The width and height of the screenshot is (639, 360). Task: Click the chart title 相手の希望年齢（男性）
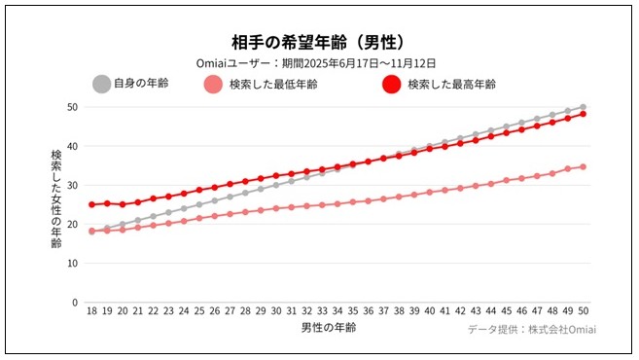(318, 43)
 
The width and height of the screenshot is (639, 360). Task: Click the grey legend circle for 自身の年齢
(101, 84)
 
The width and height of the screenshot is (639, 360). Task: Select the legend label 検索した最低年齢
(273, 85)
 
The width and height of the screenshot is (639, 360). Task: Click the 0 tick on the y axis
(74, 303)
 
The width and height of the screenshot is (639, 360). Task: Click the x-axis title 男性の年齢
(329, 328)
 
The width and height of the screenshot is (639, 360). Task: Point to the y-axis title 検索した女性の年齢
(55, 198)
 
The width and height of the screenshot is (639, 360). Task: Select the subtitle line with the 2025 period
(318, 63)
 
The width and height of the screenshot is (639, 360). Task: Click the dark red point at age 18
(91, 204)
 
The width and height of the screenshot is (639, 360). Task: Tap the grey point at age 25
(199, 204)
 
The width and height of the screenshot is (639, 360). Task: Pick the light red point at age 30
(277, 208)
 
